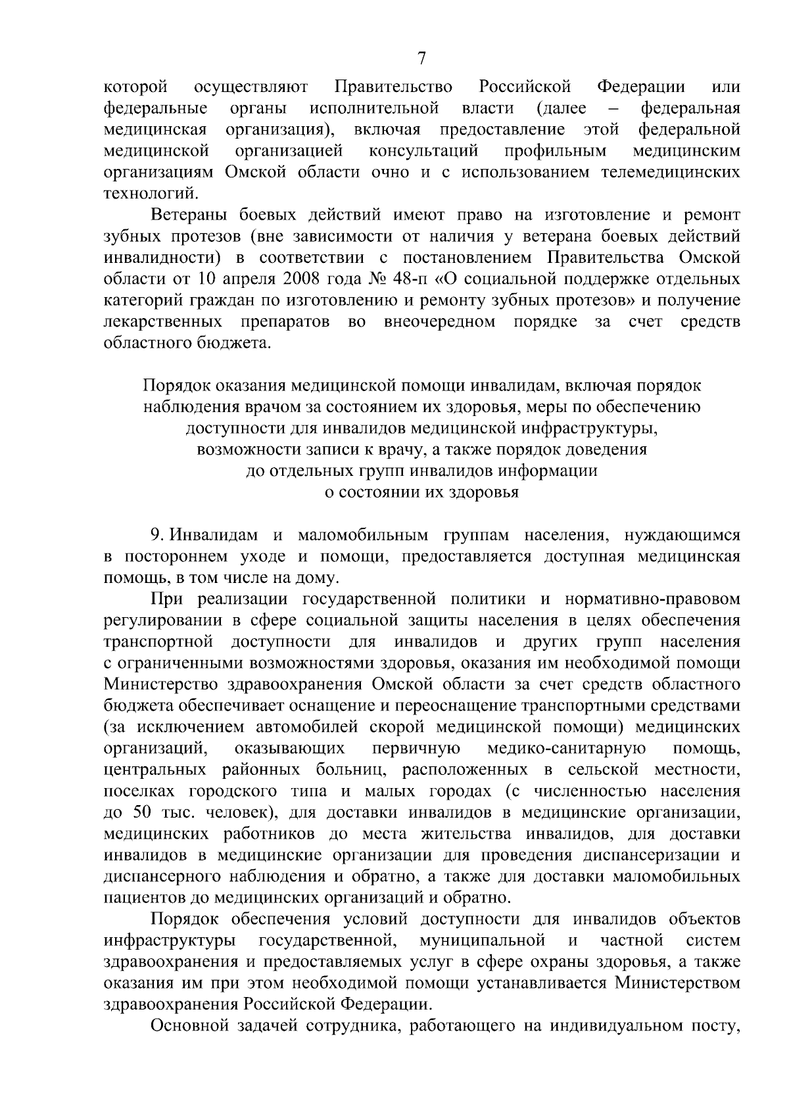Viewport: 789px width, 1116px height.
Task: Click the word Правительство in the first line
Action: click(393, 87)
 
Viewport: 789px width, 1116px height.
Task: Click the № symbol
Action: click(375, 279)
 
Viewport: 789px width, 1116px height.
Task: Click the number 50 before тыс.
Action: click(143, 812)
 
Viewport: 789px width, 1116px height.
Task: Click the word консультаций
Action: click(423, 151)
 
